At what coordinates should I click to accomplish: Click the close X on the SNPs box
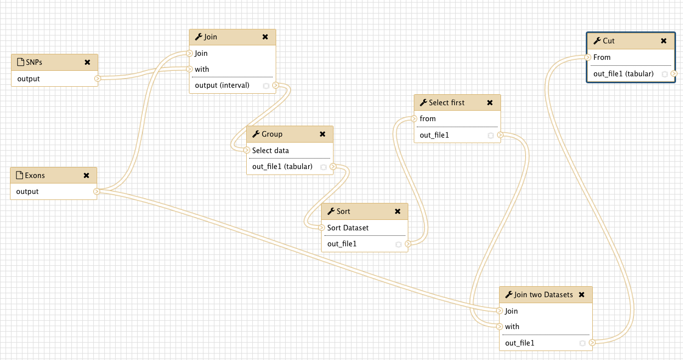coord(87,62)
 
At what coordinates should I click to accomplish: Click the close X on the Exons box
coord(86,176)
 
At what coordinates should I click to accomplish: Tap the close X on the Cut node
coord(664,41)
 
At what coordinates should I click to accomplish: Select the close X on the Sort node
coord(398,211)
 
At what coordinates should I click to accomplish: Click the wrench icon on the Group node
coord(256,134)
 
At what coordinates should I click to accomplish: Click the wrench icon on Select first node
coord(423,103)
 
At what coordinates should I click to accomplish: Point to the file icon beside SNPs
coord(20,62)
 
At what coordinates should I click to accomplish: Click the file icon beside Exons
coord(19,175)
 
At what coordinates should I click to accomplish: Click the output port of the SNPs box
coord(97,79)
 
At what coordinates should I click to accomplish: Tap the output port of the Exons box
coord(96,191)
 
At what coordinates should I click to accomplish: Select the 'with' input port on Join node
coord(189,69)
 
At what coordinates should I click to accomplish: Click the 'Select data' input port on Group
coord(247,150)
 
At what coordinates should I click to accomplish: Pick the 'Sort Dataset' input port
coord(322,227)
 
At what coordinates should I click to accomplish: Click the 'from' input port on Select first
coord(414,118)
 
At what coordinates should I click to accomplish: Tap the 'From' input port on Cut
coord(588,57)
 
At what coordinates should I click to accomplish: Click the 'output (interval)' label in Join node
coord(222,85)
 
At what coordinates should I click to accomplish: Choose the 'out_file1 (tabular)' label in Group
coord(282,167)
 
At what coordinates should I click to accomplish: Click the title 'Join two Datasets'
coord(543,295)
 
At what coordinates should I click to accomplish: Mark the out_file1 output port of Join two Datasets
coord(592,343)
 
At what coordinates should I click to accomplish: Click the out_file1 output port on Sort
coord(408,244)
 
